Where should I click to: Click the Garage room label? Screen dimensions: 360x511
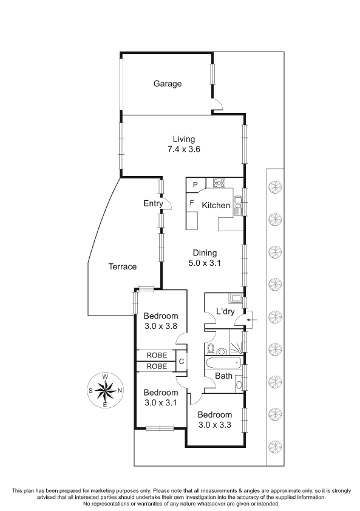click(x=168, y=84)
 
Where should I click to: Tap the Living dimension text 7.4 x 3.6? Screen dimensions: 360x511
click(x=183, y=149)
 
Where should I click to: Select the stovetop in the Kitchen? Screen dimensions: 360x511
click(x=219, y=183)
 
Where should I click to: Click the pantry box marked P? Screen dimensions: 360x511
click(x=195, y=184)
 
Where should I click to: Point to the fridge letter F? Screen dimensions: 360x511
click(x=192, y=203)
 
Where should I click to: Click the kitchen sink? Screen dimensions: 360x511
click(x=239, y=206)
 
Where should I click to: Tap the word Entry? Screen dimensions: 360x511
click(x=153, y=204)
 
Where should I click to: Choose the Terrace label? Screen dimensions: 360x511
click(x=122, y=266)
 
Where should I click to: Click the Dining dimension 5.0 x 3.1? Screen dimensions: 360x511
click(x=205, y=263)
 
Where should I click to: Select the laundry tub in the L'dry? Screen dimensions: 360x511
click(x=235, y=298)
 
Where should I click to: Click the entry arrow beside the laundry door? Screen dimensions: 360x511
click(x=252, y=320)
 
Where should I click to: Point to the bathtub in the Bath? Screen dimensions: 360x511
click(x=223, y=362)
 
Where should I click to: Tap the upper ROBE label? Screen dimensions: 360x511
click(x=157, y=355)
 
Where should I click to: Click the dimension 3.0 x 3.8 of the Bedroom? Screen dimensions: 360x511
click(x=160, y=326)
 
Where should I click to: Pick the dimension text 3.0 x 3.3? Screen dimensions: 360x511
click(x=214, y=425)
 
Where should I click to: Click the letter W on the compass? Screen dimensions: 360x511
click(x=105, y=377)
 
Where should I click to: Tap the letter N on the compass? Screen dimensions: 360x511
click(x=120, y=390)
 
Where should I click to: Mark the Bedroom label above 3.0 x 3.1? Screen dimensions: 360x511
click(x=161, y=393)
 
